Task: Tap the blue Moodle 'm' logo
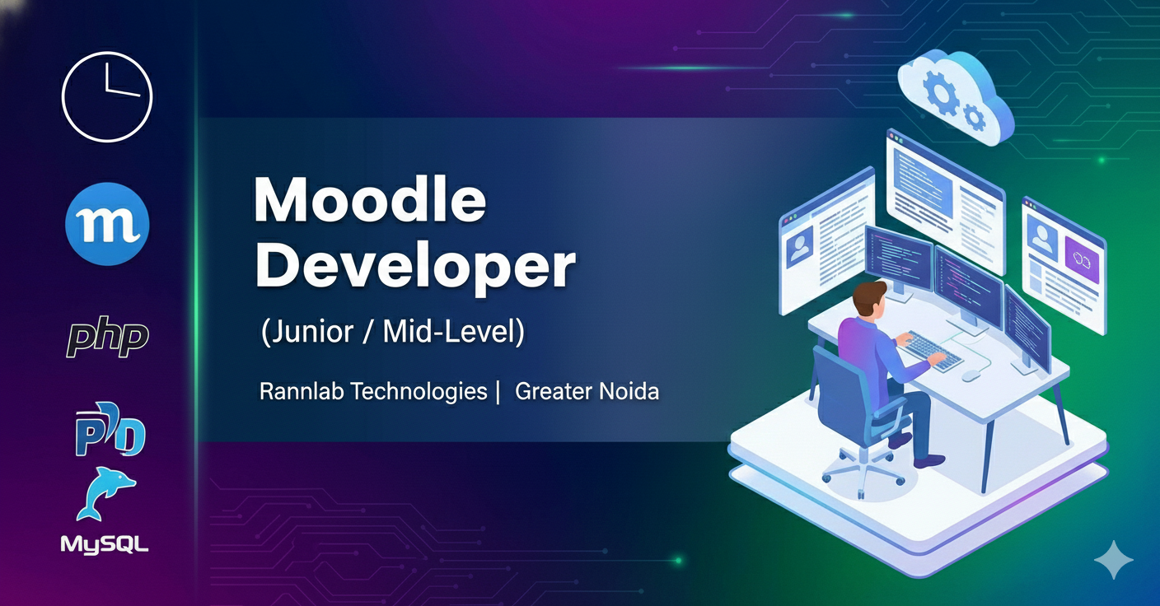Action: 107,224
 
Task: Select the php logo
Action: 108,337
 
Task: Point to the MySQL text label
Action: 105,545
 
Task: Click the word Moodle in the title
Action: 370,200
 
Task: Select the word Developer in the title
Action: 415,268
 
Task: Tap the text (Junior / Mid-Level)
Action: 393,332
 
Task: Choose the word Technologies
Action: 419,392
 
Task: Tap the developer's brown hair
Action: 870,296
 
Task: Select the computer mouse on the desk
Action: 971,376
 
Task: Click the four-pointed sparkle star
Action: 1113,559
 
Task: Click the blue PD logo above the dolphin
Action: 110,430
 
